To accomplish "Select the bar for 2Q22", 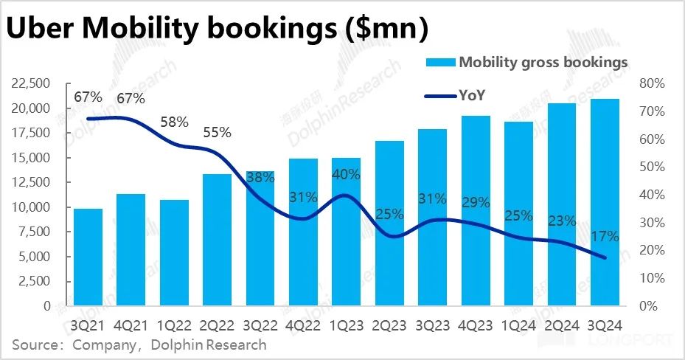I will point(217,240).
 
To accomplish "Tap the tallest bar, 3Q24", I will point(604,202).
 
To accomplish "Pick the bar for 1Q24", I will point(518,213).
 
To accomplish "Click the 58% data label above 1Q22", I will point(174,122).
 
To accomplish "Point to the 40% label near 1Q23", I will point(346,175).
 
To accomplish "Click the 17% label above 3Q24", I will point(604,237).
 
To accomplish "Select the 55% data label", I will point(217,133).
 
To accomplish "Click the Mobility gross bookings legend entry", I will point(543,62).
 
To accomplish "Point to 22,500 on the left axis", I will point(31,83).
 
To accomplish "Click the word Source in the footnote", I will point(35,345).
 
